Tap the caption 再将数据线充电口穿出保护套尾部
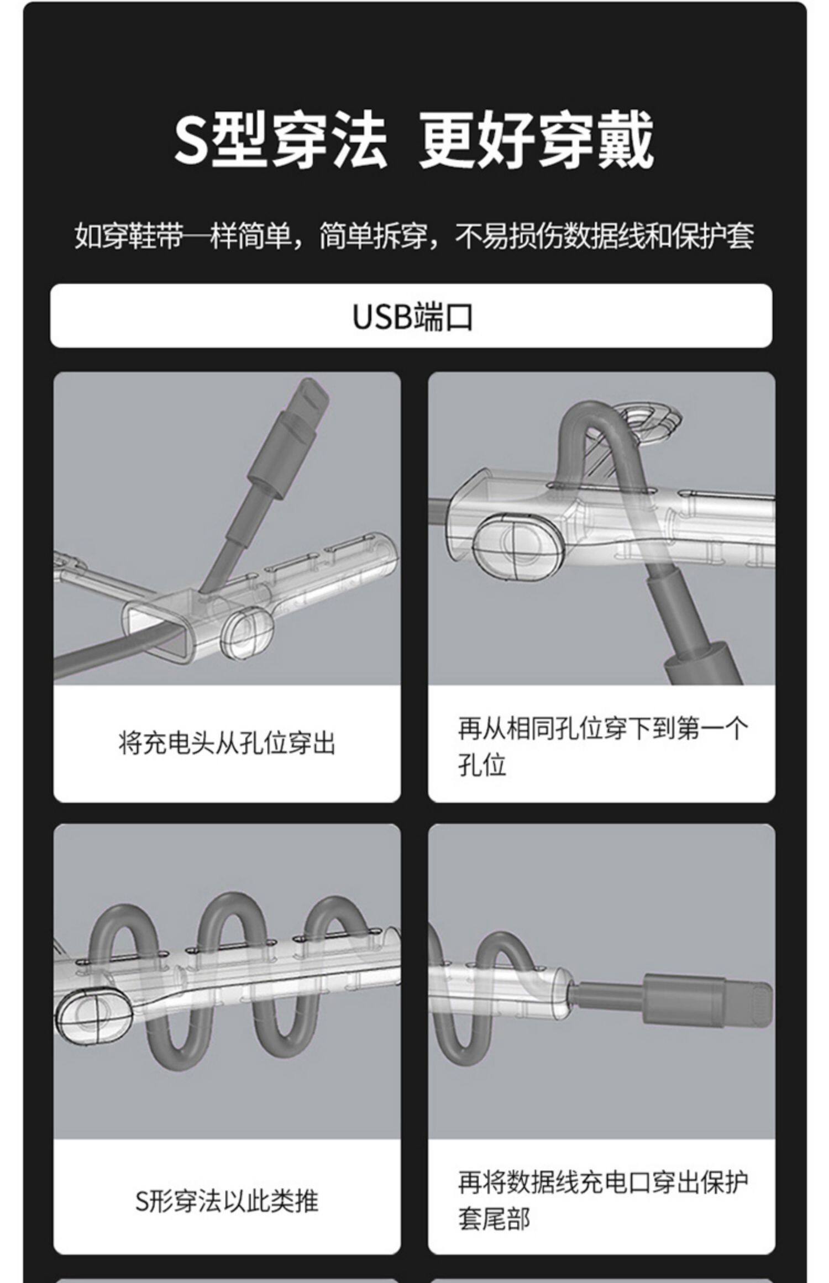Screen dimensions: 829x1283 [602, 1202]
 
